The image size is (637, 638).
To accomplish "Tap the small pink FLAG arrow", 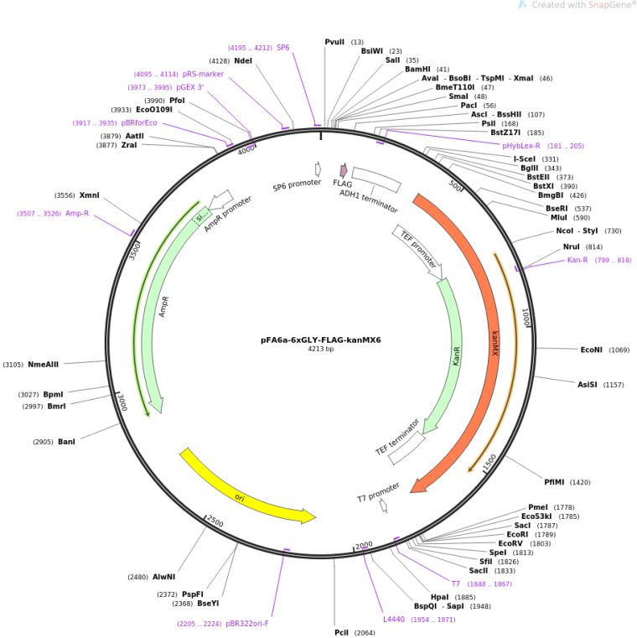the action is click(x=344, y=170).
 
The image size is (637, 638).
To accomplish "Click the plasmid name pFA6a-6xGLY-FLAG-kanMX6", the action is click(x=320, y=340).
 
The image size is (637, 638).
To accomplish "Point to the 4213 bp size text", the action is click(x=320, y=349).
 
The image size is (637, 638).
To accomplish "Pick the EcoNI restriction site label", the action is click(x=591, y=350).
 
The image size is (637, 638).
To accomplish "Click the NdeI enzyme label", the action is click(x=243, y=60).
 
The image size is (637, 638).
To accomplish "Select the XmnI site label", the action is click(x=89, y=195).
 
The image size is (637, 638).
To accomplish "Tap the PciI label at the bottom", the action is click(x=341, y=632).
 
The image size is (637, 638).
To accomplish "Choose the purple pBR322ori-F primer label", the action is click(x=247, y=624).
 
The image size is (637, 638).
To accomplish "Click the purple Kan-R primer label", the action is click(x=577, y=260).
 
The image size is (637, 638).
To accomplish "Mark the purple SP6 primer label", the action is click(x=282, y=47).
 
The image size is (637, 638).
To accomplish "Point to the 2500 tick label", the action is click(x=215, y=521).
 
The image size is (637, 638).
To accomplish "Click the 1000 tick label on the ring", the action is click(x=526, y=317).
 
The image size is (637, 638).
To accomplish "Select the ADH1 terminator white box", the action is click(x=376, y=180).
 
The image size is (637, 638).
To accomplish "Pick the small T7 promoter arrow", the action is click(x=383, y=506).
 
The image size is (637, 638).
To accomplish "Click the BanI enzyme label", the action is click(x=66, y=442).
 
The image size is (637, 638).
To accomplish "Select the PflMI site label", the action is click(x=554, y=482).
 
